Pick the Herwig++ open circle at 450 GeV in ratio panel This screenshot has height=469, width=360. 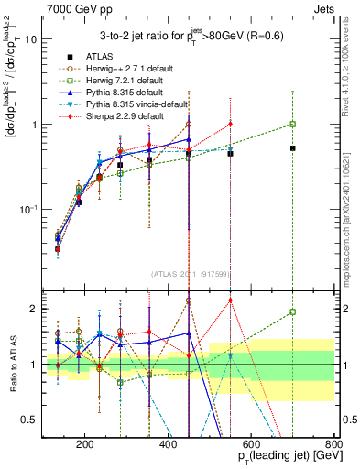coord(189,300)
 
